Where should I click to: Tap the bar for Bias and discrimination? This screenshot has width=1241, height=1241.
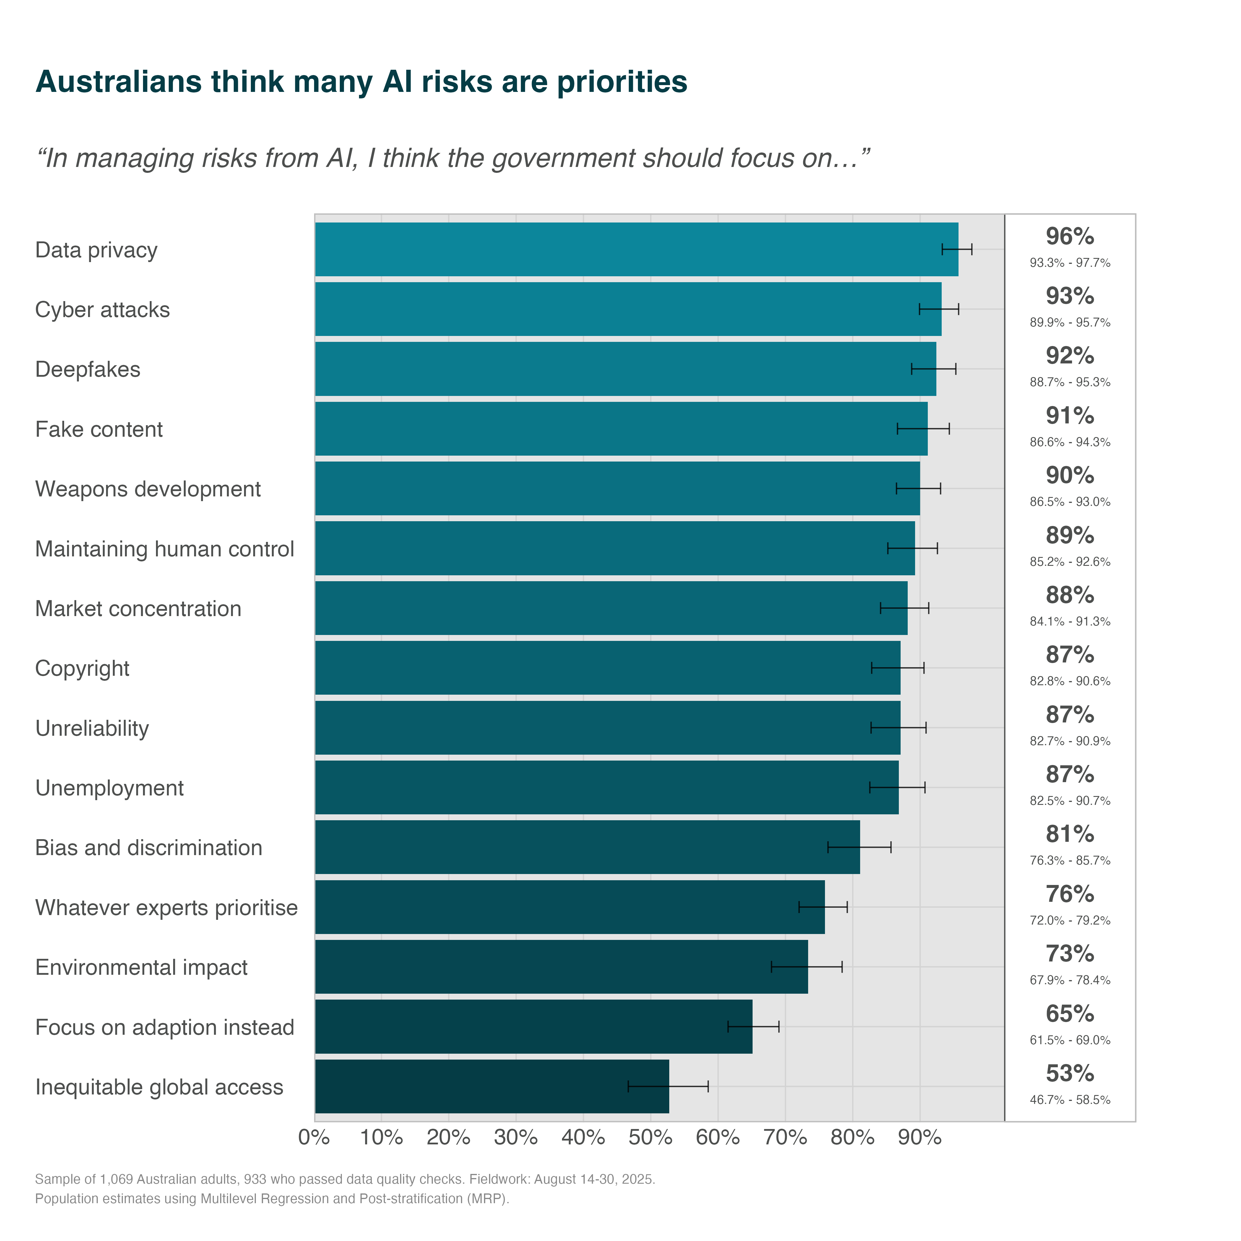click(587, 847)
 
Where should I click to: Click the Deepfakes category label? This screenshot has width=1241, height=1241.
click(87, 369)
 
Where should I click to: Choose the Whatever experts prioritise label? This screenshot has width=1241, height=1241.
click(166, 908)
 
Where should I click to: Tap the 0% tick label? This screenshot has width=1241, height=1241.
click(314, 1138)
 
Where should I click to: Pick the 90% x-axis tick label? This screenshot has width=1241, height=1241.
click(919, 1138)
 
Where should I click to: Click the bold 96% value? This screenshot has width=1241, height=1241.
click(1070, 236)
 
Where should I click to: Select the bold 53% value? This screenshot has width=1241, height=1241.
click(1070, 1073)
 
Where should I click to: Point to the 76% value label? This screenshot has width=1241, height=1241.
click(1070, 894)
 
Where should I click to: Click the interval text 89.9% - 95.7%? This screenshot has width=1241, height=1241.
click(1070, 322)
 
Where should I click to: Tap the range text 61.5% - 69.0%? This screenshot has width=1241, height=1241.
click(1070, 1040)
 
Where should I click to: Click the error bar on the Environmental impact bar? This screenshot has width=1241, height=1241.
click(806, 967)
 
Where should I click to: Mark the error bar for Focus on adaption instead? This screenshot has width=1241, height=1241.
click(753, 1026)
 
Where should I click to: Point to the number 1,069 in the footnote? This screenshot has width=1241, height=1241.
click(116, 1179)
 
